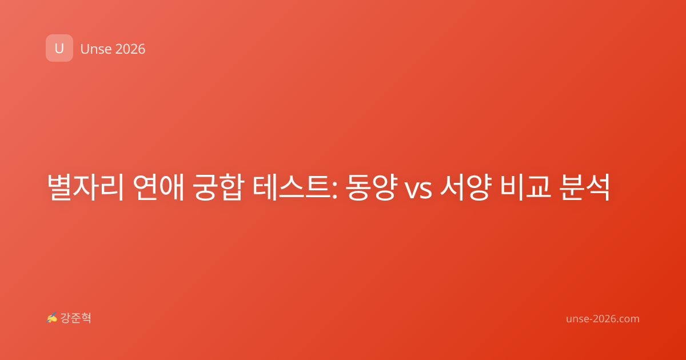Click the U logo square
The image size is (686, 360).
coord(59,48)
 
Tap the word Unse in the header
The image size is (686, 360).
coord(96,49)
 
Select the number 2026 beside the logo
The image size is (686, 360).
coord(130,49)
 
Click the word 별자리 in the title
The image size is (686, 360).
coord(85,187)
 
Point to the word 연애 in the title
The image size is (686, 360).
coord(158,187)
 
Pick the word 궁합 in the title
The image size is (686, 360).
coord(218,187)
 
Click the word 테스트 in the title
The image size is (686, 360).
coord(292,187)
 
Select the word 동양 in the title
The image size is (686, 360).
coord(372,187)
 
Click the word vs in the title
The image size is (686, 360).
coord(418,190)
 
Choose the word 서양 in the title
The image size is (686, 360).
coord(466,187)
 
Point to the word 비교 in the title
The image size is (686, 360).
coord(525,187)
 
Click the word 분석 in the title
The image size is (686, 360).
coord(584,187)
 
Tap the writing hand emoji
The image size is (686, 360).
coord(52,318)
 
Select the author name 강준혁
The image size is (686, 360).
coord(75,318)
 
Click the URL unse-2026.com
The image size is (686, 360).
coord(603,319)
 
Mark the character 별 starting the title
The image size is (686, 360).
coord(60,187)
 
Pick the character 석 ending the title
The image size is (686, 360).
coord(597,187)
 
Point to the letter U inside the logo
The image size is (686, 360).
coord(59,49)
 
